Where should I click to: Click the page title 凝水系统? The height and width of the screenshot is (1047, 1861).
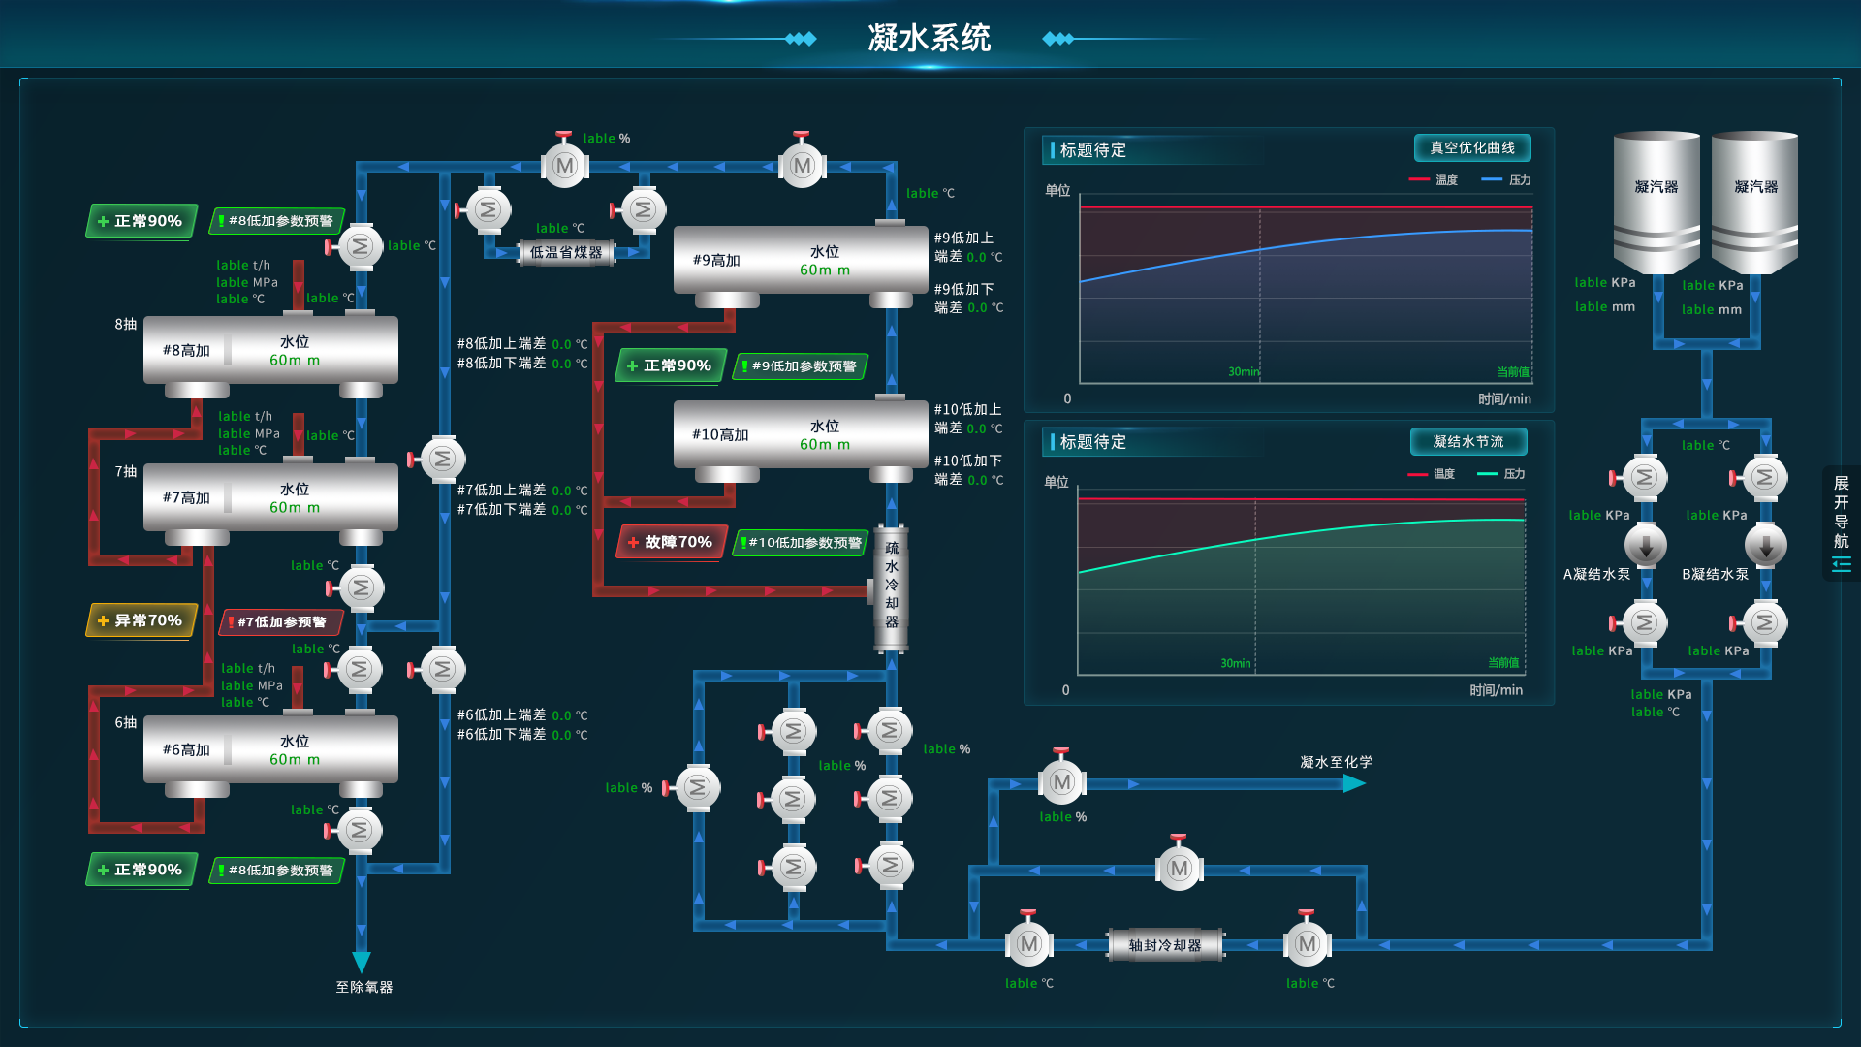[x=929, y=39]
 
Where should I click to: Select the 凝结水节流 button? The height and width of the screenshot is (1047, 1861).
[x=1468, y=442]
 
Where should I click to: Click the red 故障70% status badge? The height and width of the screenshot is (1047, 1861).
[x=672, y=542]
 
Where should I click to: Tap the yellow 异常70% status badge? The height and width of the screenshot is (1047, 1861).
[x=142, y=620]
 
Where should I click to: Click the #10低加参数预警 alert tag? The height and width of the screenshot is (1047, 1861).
[x=801, y=543]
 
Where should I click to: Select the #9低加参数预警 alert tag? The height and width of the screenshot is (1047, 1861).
[x=800, y=366]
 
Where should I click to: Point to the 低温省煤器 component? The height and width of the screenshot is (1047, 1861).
[x=566, y=253]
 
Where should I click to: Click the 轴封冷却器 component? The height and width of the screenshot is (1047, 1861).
[x=1164, y=945]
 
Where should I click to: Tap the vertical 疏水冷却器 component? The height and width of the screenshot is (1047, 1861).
[x=892, y=586]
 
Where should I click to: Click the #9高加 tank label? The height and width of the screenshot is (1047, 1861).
[x=716, y=261]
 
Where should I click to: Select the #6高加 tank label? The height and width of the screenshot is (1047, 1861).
[x=186, y=749]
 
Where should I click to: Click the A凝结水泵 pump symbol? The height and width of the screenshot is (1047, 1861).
[x=1645, y=545]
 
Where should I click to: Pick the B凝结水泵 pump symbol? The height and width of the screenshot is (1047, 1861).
[x=1765, y=545]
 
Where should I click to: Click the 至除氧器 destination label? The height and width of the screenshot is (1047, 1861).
[x=364, y=987]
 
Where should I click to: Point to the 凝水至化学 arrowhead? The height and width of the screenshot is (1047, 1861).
[x=1354, y=783]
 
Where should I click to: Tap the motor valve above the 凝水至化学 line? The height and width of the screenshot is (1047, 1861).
[x=1061, y=781]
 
